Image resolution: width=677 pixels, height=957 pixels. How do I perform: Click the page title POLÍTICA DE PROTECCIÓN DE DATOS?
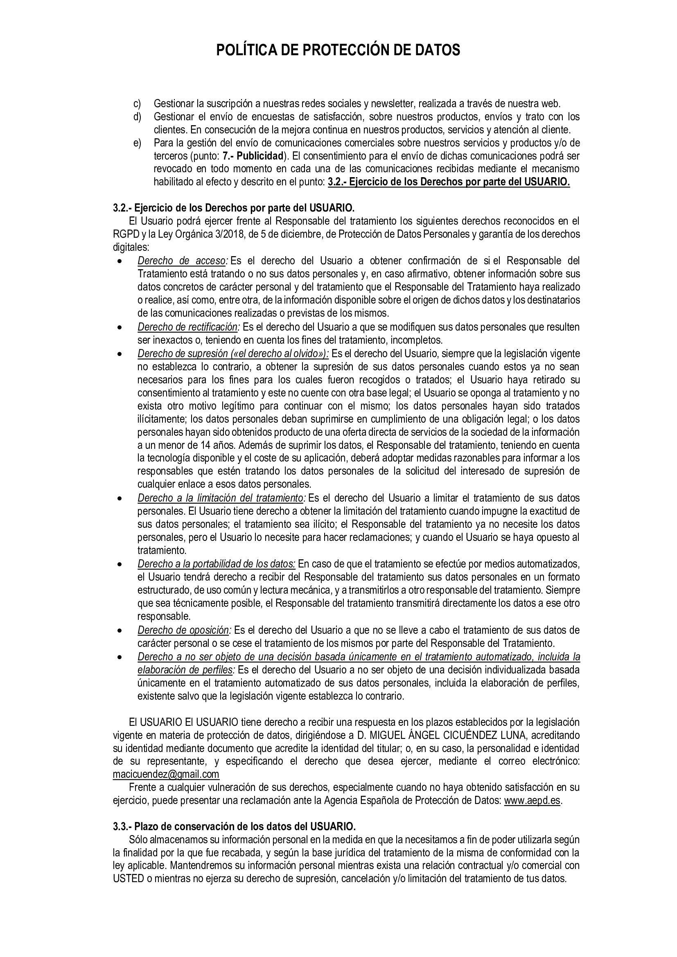pos(338,50)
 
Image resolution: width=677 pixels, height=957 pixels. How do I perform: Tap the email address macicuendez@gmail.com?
pos(166,774)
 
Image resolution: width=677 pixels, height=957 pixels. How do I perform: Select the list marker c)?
pos(137,103)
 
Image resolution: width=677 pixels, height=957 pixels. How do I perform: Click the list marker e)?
pos(137,143)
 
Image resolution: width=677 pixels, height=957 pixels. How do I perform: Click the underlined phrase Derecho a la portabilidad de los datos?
pos(217,564)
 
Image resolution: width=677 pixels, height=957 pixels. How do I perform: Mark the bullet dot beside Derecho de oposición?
pos(120,631)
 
